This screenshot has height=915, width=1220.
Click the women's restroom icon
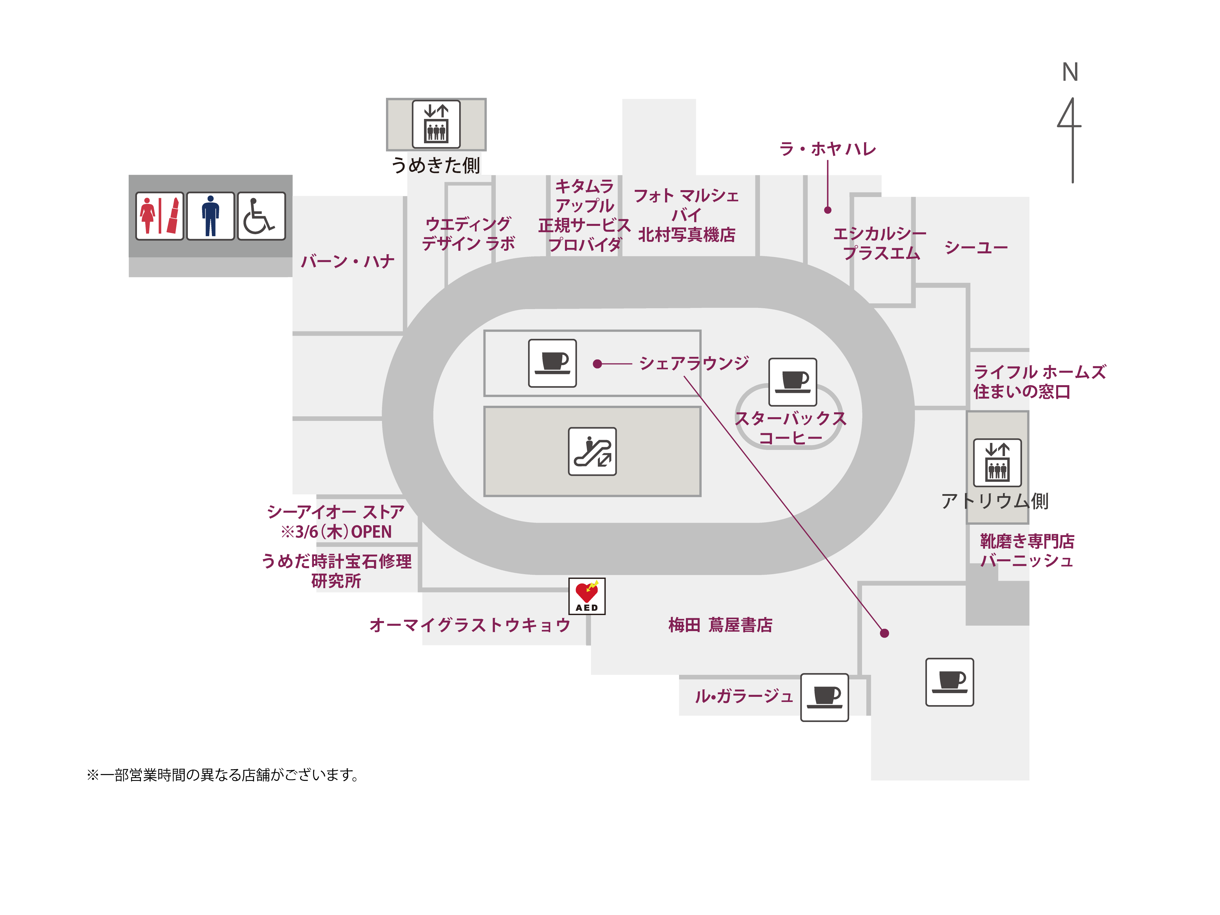pos(159,216)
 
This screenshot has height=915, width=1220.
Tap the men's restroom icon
pos(210,216)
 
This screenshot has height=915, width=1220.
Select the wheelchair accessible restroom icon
pos(261,216)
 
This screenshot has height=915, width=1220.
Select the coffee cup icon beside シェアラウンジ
pos(552,363)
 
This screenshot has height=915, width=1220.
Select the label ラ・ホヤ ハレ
pos(827,149)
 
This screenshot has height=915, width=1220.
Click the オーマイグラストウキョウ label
pos(470,625)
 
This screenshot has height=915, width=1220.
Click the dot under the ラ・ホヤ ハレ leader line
pos(827,210)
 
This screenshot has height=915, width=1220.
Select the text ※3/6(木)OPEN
pos(337,532)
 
